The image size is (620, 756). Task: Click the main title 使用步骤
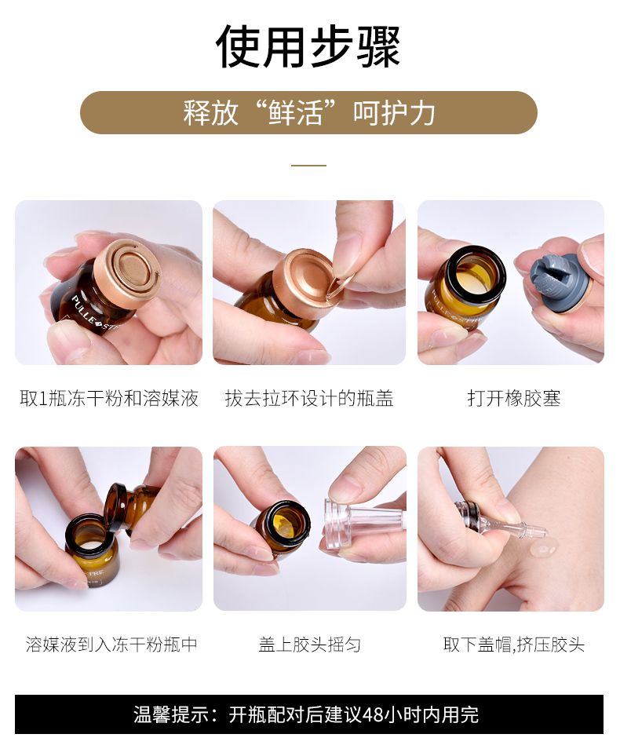pyautogui.click(x=308, y=47)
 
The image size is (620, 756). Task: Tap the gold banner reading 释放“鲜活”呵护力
pyautogui.click(x=308, y=112)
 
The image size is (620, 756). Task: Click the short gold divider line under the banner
pyautogui.click(x=308, y=166)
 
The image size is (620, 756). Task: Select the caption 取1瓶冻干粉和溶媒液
pyautogui.click(x=109, y=399)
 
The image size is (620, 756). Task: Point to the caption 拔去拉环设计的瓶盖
pyautogui.click(x=309, y=399)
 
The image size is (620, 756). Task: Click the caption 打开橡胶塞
pyautogui.click(x=514, y=399)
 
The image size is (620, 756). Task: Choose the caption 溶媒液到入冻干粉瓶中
pyautogui.click(x=111, y=645)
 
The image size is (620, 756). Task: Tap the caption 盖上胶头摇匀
pyautogui.click(x=309, y=645)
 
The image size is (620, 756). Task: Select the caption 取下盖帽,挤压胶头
pyautogui.click(x=514, y=645)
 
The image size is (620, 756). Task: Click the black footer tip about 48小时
pyautogui.click(x=309, y=714)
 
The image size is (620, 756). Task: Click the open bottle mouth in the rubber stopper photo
pyautogui.click(x=476, y=272)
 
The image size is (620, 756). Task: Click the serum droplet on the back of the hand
pyautogui.click(x=545, y=549)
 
